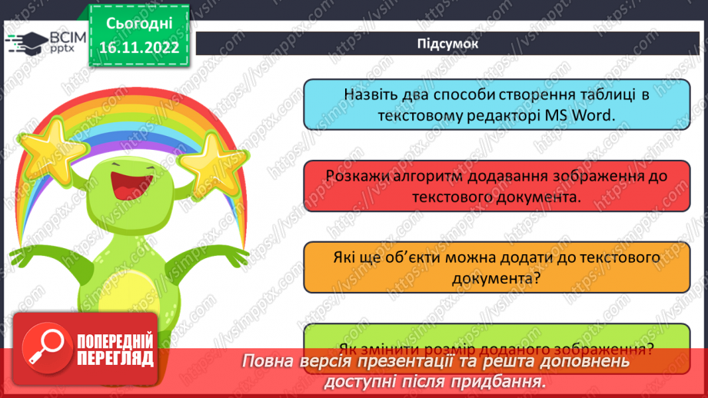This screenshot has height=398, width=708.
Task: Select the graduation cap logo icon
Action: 25,42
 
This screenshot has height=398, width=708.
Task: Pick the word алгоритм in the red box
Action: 417,176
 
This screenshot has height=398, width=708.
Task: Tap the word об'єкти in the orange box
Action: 427,258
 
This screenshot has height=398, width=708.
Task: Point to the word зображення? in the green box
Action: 602,347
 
